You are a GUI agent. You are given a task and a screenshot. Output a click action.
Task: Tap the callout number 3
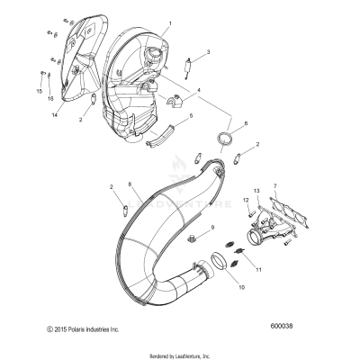coord(209,53)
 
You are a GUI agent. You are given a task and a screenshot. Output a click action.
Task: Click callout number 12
coord(245,199)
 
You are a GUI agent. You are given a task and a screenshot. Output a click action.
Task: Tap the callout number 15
coord(39,91)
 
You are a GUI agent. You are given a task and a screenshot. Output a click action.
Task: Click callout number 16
coord(49,96)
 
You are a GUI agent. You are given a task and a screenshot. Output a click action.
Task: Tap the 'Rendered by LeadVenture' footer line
coord(180,354)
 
